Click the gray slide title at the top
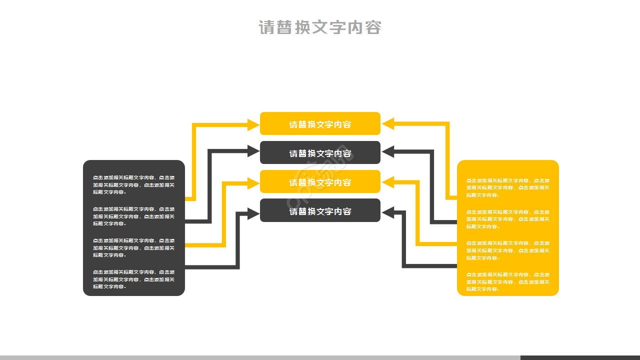[320, 27]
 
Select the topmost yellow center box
[320, 124]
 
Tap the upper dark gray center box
[320, 153]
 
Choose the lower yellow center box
[320, 182]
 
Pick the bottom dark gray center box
[320, 211]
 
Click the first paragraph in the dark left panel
[133, 184]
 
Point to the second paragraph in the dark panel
[133, 216]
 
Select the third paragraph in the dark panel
[133, 247]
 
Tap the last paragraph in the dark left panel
[133, 279]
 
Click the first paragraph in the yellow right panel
[507, 187]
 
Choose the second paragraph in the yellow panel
[507, 219]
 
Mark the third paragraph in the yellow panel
[507, 250]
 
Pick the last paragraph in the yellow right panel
[507, 282]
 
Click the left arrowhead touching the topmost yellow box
[254, 124]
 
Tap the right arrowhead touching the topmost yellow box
[388, 124]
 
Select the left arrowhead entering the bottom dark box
[254, 214]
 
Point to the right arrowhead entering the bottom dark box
[388, 213]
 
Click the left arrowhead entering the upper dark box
[254, 151]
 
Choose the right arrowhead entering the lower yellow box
[388, 183]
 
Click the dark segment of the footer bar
[580, 357]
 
